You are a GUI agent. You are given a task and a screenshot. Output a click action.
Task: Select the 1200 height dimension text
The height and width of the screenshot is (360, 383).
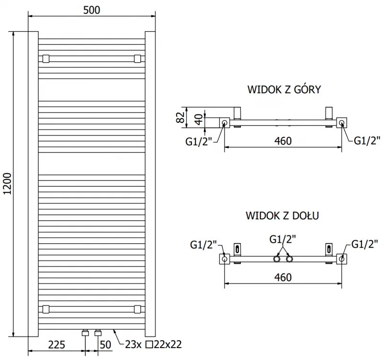6,184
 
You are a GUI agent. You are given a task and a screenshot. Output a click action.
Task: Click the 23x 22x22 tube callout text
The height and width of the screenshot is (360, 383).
154,344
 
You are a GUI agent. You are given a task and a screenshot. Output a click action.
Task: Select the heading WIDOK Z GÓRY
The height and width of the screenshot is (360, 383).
283,90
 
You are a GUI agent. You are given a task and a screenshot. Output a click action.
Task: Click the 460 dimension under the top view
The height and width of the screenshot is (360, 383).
282,141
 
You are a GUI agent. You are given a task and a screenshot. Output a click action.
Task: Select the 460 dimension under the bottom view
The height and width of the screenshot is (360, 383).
282,277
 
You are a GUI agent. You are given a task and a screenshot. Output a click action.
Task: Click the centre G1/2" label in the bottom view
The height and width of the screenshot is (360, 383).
282,239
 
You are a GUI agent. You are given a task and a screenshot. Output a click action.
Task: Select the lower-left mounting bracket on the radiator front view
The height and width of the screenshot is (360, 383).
45,308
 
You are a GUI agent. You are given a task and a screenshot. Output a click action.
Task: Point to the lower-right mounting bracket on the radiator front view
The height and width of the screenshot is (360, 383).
137,308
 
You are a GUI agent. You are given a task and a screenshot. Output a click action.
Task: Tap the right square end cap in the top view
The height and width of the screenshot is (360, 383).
341,123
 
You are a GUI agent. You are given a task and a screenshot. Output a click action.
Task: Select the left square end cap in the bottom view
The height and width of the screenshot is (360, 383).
225,259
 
